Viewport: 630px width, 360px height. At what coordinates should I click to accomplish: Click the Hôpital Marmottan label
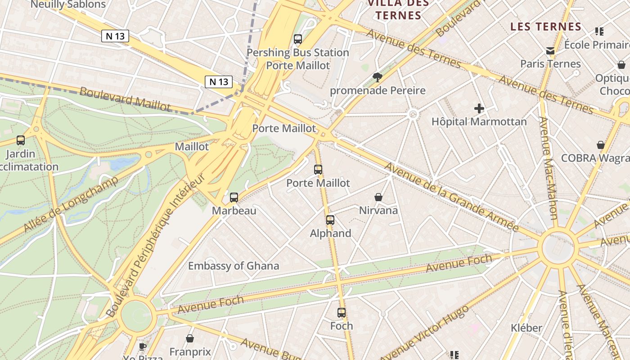coord(479,121)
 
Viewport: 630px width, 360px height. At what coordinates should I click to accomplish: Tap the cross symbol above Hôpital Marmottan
coord(479,108)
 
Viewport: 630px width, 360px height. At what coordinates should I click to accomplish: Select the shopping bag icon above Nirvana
coord(378,197)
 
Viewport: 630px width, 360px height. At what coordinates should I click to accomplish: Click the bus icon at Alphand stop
coord(330,220)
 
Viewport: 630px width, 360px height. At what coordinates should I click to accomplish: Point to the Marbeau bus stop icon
coord(234,197)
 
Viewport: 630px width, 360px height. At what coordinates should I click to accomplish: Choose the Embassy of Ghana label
coord(233,265)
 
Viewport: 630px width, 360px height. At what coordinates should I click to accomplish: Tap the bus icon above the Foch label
coord(342,313)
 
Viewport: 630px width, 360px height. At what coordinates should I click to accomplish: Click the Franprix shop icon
coord(190,338)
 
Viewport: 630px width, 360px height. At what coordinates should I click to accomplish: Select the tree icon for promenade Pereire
coord(378,77)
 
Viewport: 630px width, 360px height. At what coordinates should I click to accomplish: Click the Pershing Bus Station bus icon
coord(298,39)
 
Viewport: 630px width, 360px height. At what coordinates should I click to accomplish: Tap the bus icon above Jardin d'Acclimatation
coord(21,140)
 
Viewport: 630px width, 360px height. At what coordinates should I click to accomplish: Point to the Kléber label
coord(526,328)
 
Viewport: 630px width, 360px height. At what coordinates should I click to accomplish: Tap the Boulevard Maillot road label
coord(125,99)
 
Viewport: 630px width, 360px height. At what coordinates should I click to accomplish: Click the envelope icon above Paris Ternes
coord(550,51)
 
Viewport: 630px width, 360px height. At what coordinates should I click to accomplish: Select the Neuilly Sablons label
coord(68,5)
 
